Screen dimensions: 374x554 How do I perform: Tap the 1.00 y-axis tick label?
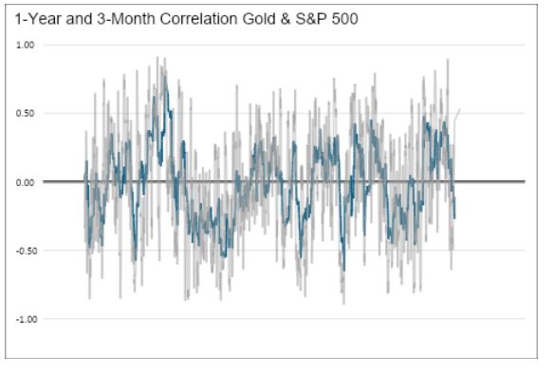pos(26,45)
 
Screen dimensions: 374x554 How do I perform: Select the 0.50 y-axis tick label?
pos(26,113)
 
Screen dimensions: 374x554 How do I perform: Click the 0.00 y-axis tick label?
pos(26,181)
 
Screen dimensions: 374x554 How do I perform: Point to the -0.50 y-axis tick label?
pos(24,251)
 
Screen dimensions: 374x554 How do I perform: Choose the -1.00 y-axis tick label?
pos(24,319)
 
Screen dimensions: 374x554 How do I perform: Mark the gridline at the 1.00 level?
pos(285,45)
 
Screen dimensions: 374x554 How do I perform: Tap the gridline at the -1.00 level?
pos(285,319)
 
